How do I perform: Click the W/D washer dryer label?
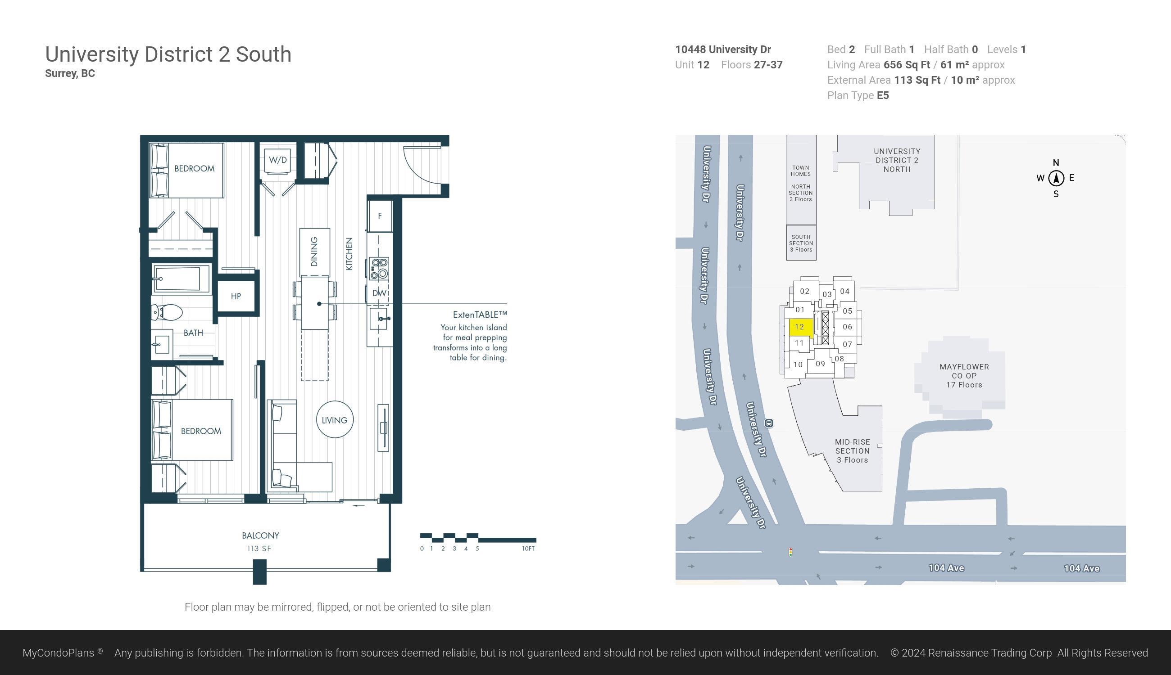[x=277, y=160]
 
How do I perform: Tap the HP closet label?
[x=236, y=296]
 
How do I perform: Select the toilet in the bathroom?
[x=168, y=312]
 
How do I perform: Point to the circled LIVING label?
[x=335, y=420]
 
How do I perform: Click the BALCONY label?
[x=260, y=535]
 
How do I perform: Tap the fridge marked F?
[x=380, y=216]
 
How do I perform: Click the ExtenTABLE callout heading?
[x=480, y=315]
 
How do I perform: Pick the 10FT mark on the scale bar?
[x=528, y=549]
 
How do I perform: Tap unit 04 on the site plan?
[x=844, y=291]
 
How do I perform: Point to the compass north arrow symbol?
[x=1057, y=178]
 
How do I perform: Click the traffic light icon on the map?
[x=790, y=552]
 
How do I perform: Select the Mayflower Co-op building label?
[x=964, y=375]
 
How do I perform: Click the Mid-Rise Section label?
[x=852, y=451]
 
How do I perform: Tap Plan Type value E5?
[x=883, y=95]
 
